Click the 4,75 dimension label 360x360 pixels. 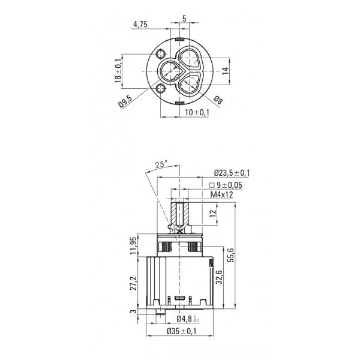(x=140, y=25)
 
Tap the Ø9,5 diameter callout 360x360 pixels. (x=125, y=101)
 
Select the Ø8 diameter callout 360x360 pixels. (x=218, y=100)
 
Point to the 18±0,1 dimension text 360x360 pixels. (x=118, y=71)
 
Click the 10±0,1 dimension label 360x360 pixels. (x=197, y=113)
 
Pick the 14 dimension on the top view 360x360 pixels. (x=226, y=71)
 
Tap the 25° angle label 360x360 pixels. (x=161, y=164)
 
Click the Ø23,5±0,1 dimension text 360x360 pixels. (x=232, y=173)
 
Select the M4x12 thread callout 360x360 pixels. (x=222, y=194)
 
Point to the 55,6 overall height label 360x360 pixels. (x=230, y=255)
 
